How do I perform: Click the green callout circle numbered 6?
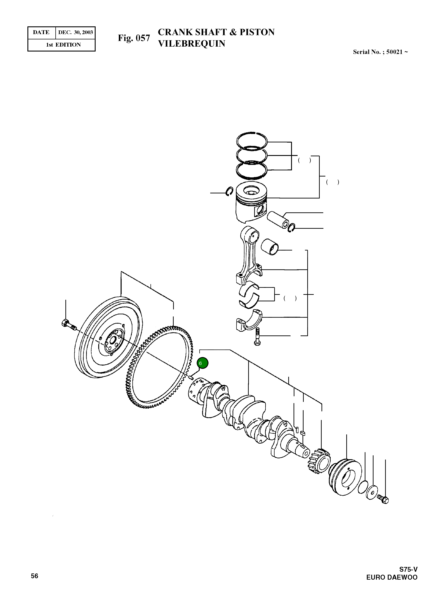tap(202, 363)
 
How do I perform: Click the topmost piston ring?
tap(252, 140)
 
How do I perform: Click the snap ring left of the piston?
tap(229, 191)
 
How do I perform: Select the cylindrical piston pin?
tap(278, 220)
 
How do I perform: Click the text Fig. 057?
tap(134, 38)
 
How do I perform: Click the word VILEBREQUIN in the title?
tap(191, 44)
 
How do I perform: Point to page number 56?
tap(34, 576)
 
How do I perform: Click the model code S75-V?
tap(408, 569)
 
